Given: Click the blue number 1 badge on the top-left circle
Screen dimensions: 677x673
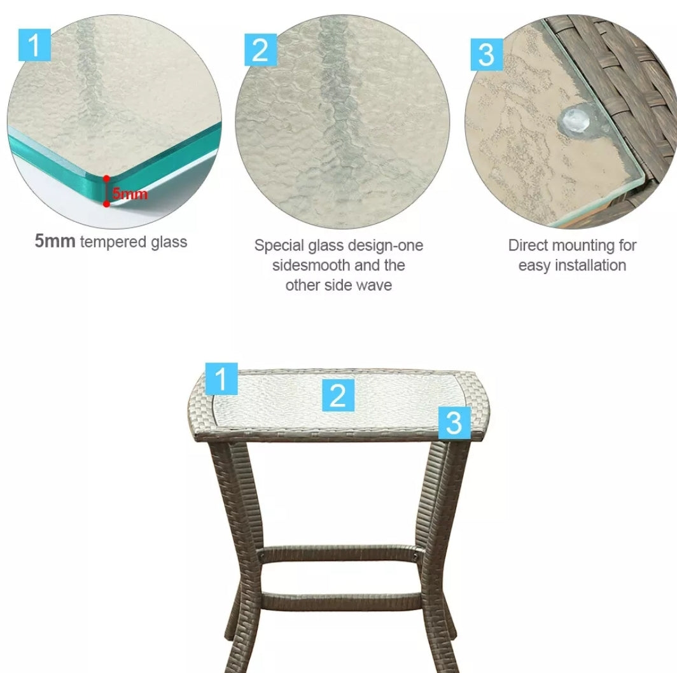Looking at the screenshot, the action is [x=34, y=45].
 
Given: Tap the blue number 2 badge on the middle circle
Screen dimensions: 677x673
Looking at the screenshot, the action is [x=260, y=50].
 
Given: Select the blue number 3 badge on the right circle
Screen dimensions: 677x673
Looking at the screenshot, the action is [x=487, y=54].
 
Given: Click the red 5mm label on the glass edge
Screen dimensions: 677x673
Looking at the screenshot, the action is [x=130, y=193].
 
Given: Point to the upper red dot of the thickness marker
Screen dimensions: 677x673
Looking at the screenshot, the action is [x=106, y=178].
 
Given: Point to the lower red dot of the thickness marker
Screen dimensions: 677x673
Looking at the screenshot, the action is [x=106, y=204].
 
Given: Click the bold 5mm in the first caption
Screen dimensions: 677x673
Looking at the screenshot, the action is [x=55, y=241].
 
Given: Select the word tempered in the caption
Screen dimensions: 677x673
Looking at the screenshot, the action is [x=113, y=242].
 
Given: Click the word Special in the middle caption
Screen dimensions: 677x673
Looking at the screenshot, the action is [x=279, y=246].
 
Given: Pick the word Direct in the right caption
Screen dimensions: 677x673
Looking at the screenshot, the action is [x=528, y=245].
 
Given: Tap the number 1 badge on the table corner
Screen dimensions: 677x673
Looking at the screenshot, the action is [x=221, y=378].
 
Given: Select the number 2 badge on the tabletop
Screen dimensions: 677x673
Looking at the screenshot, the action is [x=338, y=395].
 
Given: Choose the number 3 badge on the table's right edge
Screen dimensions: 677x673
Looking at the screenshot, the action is [x=454, y=422].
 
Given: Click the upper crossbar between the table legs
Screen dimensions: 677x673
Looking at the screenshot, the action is [x=340, y=555].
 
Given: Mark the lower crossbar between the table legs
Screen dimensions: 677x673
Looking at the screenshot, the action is [x=340, y=601].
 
